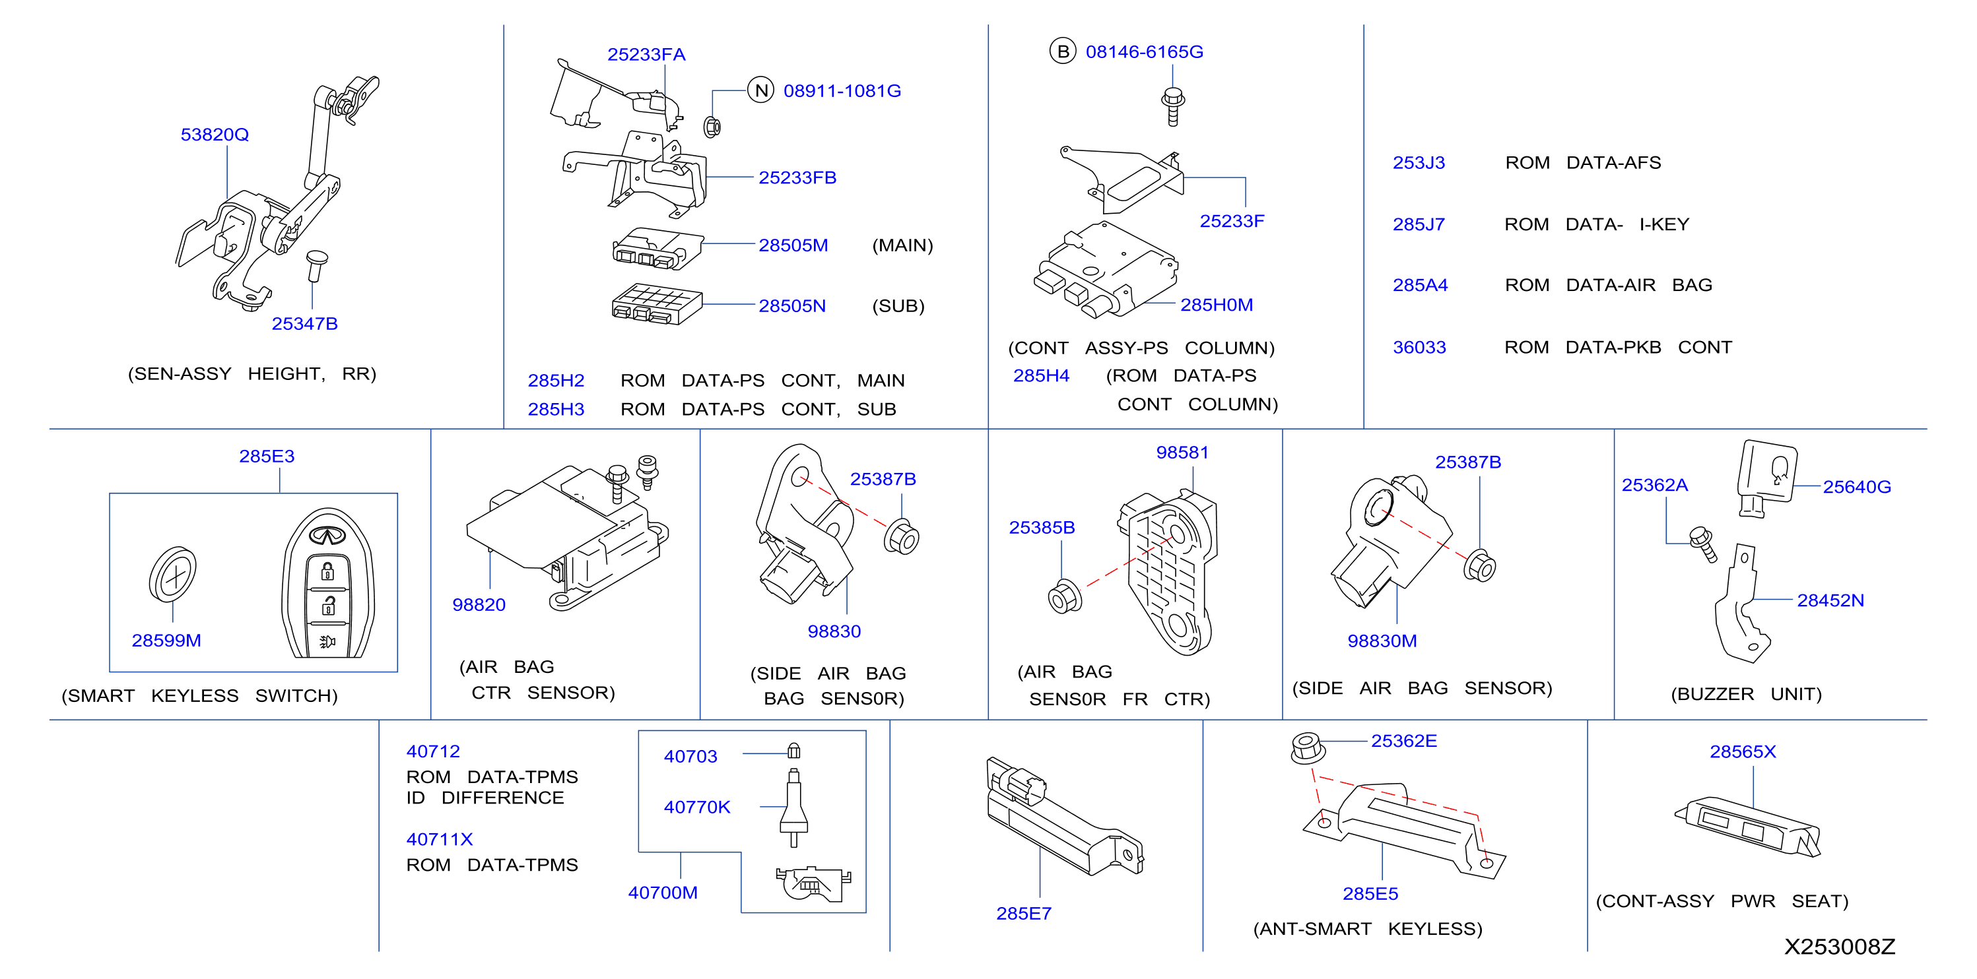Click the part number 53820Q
point(215,135)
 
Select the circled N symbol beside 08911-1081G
point(760,90)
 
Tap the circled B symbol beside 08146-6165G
point(1063,51)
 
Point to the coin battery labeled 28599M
point(173,574)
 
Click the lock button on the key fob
point(327,571)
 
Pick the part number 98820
point(479,604)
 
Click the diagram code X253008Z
point(1840,946)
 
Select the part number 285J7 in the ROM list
point(1419,224)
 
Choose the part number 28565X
point(1742,751)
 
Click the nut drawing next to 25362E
point(1306,748)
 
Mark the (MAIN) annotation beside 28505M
point(902,245)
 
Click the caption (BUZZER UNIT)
point(1746,693)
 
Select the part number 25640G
point(1856,486)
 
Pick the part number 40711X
point(439,838)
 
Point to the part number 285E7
point(1024,913)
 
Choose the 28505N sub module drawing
point(656,304)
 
